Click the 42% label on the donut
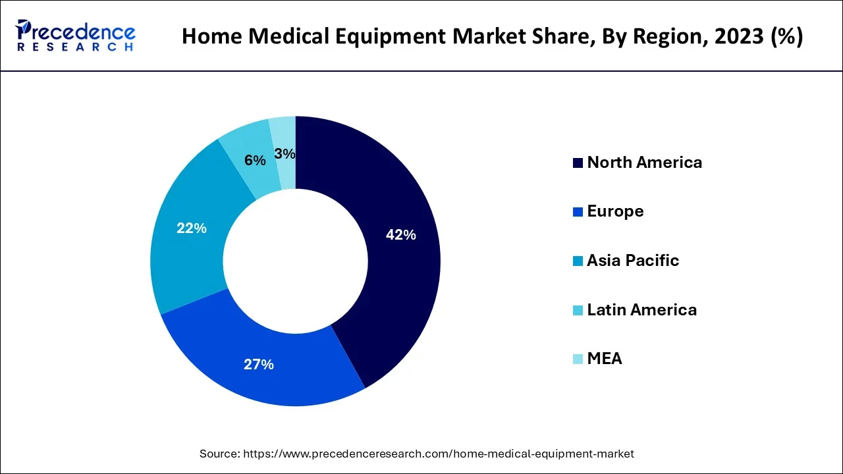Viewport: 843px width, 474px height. (400, 235)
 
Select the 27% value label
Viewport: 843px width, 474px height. (258, 364)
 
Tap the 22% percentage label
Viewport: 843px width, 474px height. (191, 228)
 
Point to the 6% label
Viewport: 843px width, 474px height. (255, 160)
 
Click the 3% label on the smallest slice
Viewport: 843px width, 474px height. (285, 153)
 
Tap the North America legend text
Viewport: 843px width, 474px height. (644, 162)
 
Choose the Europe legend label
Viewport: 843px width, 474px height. (615, 211)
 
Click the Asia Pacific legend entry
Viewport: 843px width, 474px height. (632, 260)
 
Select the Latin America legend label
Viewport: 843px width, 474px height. (641, 309)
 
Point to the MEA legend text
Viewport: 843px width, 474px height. (604, 358)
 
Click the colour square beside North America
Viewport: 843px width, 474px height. (578, 163)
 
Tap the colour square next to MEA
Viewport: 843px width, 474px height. (578, 359)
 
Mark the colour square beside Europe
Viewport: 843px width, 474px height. (578, 211)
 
